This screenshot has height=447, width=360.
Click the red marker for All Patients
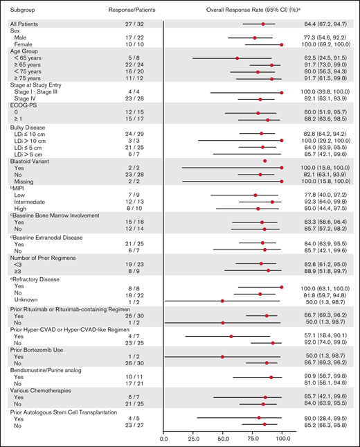263,24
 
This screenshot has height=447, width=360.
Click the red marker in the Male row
255,38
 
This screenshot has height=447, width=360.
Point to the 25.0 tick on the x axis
193,439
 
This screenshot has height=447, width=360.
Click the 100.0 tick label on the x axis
282,439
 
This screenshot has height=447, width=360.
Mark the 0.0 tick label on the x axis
164,439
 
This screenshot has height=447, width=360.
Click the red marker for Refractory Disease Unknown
223,301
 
